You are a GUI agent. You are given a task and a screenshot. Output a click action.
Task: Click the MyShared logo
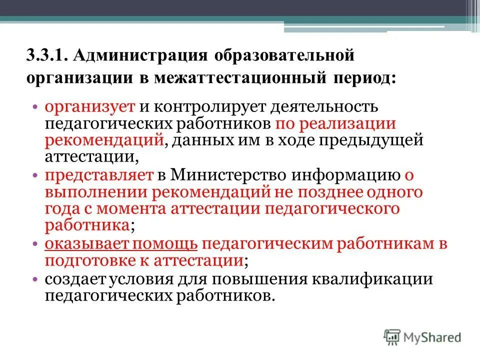click(x=422, y=336)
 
